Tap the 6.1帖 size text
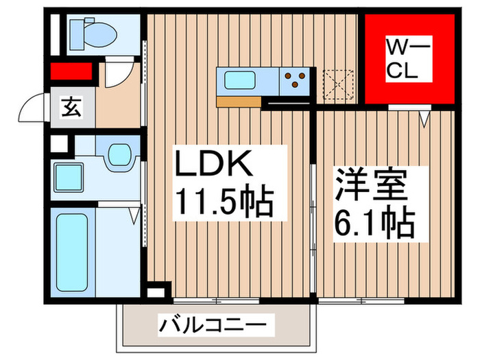click(x=374, y=222)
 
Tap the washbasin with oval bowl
click(x=119, y=156)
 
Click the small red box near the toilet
click(x=71, y=71)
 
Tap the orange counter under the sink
click(x=238, y=102)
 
